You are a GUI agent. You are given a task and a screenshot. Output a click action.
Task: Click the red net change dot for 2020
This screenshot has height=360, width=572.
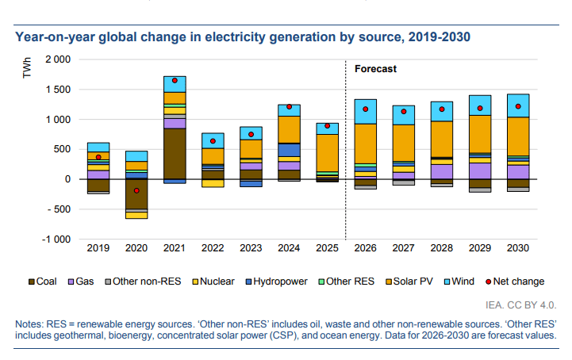(x=136, y=190)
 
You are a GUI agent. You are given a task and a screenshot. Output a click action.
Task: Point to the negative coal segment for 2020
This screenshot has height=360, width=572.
(x=136, y=193)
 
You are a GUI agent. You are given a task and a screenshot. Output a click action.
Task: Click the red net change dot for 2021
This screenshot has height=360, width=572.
(x=175, y=80)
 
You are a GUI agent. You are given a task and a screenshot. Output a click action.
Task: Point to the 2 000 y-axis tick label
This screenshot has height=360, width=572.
(x=57, y=59)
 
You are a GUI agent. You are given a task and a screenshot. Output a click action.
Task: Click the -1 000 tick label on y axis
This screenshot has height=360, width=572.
(x=56, y=239)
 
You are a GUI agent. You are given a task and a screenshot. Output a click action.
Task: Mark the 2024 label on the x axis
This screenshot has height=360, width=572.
(x=289, y=249)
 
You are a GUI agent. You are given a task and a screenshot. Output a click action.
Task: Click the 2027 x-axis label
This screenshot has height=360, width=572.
(x=403, y=249)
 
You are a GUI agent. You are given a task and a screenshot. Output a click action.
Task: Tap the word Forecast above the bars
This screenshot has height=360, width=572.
(x=375, y=69)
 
